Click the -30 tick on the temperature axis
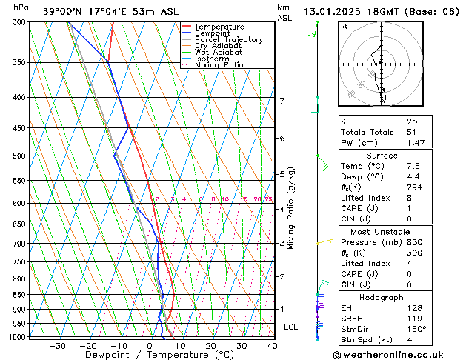57,346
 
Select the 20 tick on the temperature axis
211,346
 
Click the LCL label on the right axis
292,327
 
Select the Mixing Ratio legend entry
219,65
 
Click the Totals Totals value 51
412,132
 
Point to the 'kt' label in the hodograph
344,26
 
